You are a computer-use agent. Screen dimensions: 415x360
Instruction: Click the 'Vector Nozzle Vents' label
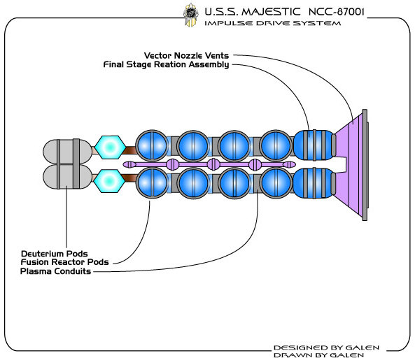pyautogui.click(x=186, y=55)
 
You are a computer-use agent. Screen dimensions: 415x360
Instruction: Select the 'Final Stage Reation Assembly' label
pyautogui.click(x=167, y=64)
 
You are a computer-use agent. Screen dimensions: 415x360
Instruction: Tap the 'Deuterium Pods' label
pyautogui.click(x=55, y=254)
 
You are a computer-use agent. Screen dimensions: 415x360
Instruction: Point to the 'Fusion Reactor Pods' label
pyautogui.click(x=65, y=262)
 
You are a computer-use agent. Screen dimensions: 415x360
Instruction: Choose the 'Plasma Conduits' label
pyautogui.click(x=55, y=271)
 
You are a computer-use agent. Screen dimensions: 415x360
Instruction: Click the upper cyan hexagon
pyautogui.click(x=110, y=147)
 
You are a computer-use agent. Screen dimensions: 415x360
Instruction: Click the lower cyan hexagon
pyautogui.click(x=110, y=181)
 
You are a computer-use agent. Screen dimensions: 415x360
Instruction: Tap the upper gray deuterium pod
pyautogui.click(x=68, y=151)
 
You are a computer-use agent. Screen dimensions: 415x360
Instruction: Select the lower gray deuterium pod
pyautogui.click(x=68, y=176)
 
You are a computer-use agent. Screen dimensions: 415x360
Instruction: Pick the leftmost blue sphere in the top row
pyautogui.click(x=152, y=145)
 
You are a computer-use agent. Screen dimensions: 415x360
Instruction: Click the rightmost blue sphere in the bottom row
pyautogui.click(x=276, y=183)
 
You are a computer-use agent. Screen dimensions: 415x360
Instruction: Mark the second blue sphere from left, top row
pyautogui.click(x=193, y=145)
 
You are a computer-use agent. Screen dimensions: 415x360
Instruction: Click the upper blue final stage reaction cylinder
pyautogui.click(x=314, y=145)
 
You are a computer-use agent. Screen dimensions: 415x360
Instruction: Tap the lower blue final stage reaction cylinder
pyautogui.click(x=314, y=183)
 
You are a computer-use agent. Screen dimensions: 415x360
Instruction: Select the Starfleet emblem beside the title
pyautogui.click(x=191, y=15)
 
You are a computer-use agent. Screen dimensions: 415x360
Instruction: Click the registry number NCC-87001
pyautogui.click(x=336, y=12)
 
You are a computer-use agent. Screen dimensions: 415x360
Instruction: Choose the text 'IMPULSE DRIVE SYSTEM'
pyautogui.click(x=273, y=23)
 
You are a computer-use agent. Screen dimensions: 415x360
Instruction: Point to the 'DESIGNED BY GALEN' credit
pyautogui.click(x=326, y=347)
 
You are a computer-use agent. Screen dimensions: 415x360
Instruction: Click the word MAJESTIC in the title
pyautogui.click(x=271, y=12)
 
